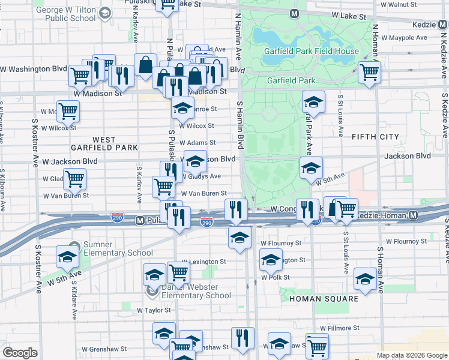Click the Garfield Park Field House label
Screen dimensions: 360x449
[x=312, y=51]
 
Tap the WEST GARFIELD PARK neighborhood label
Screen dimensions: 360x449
[x=104, y=143]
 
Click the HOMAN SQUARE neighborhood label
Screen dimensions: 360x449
[x=324, y=298]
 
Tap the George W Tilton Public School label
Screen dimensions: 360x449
[x=65, y=14]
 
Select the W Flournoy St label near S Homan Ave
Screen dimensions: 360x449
[x=406, y=241]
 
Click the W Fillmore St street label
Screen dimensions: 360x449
[x=339, y=328]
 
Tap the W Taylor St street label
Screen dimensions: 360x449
[x=154, y=310]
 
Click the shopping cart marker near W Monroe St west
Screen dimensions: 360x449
[x=68, y=111]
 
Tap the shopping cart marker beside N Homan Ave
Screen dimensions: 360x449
[x=369, y=73]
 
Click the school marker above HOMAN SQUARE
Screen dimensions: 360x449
[x=365, y=278]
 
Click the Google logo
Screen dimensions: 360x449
[x=20, y=353]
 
